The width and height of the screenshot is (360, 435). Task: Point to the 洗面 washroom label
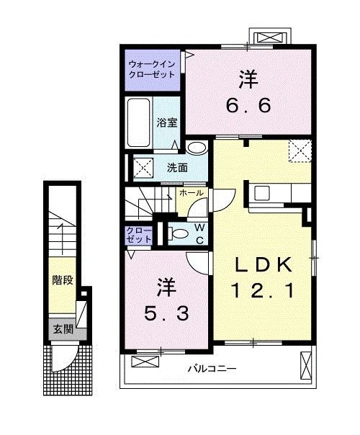coord(177,168)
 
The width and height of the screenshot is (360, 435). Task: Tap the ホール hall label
coord(191,193)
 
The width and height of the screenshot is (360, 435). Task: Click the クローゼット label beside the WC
coord(140,234)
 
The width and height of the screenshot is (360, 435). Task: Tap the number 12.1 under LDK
coord(261,292)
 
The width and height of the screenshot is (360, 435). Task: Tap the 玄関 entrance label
coord(61,329)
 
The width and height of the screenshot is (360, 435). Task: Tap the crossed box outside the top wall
coord(271,37)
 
